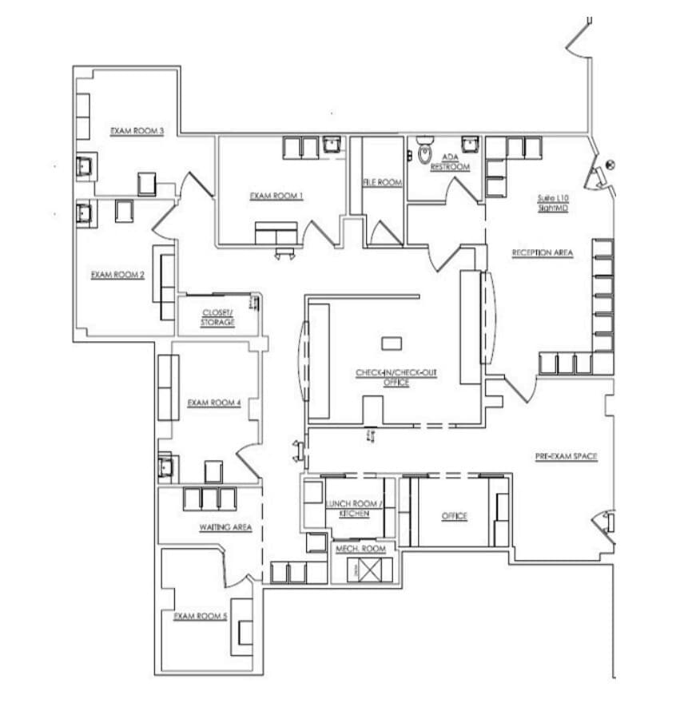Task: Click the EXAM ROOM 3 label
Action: click(137, 131)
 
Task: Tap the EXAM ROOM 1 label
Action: click(276, 196)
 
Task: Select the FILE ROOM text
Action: click(382, 182)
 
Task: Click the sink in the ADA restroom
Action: click(470, 145)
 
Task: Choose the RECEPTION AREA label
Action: click(543, 253)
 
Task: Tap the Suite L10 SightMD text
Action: click(553, 203)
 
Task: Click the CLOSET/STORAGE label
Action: click(217, 317)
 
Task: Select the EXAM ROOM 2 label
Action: click(117, 275)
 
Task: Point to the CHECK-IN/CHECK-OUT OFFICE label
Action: click(396, 378)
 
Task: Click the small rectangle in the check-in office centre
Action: click(392, 344)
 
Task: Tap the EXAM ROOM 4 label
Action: click(214, 403)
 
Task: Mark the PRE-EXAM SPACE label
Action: click(566, 456)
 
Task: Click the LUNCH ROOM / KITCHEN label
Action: click(354, 509)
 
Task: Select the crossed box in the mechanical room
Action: click(371, 570)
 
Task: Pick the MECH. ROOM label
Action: click(360, 549)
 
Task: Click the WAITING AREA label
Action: click(225, 528)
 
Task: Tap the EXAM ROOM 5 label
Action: click(201, 617)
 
